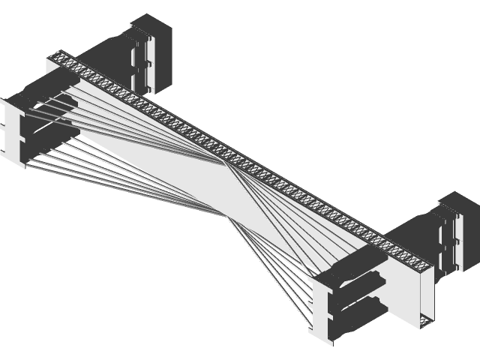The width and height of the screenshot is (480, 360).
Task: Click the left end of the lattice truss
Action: pyautogui.click(x=58, y=56)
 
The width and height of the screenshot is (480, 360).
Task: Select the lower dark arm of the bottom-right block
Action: pyautogui.click(x=360, y=307)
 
